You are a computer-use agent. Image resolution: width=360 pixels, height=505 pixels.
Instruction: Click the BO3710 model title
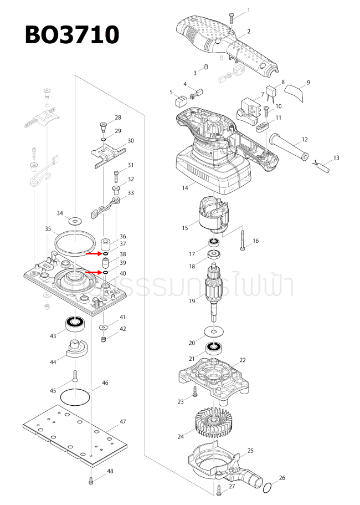point(72,34)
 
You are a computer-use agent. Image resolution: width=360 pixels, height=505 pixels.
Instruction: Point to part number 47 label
point(123,421)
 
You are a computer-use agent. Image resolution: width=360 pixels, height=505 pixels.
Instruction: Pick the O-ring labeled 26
point(266,488)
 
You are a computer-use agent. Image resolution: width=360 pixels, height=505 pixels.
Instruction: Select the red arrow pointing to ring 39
point(96,272)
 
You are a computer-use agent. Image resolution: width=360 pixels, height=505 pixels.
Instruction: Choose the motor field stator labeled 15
point(211,217)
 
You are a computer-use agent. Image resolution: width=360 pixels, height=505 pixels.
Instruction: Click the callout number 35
point(48,228)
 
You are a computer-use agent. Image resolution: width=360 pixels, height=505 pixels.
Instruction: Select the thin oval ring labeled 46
point(75,396)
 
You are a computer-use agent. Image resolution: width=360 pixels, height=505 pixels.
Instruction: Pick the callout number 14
point(185,188)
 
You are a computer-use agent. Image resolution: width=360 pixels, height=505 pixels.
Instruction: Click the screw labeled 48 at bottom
point(90,481)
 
